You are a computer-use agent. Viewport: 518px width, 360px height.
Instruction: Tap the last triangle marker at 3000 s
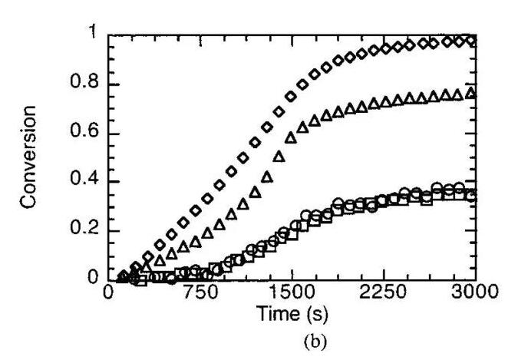471,93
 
